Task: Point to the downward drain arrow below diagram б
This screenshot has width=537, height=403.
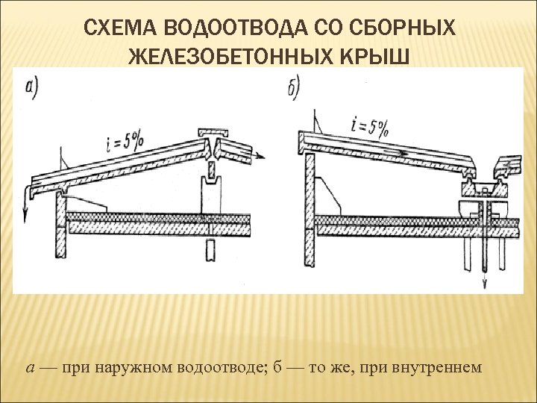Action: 485,281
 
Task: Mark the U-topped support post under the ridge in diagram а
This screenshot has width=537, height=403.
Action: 211,190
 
